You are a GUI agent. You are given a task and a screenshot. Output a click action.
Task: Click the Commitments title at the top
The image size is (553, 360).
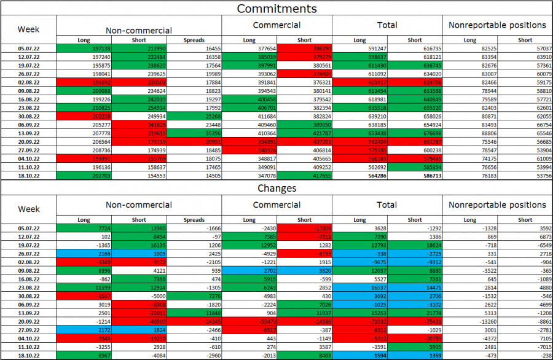click(x=276, y=9)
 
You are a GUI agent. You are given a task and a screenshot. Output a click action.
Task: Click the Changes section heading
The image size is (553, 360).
click(x=276, y=188)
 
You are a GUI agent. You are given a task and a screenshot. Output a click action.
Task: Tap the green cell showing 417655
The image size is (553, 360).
click(x=304, y=175)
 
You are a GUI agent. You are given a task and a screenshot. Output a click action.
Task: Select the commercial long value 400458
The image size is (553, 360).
click(x=249, y=98)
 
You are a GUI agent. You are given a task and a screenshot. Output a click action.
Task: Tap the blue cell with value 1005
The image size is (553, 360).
click(x=139, y=252)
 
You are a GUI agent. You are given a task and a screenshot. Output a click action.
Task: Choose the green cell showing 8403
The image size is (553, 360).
click(x=304, y=354)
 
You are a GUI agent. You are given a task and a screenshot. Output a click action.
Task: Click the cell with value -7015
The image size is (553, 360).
click(x=525, y=346)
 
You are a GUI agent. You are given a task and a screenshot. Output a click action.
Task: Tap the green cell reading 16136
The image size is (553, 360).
click(x=139, y=244)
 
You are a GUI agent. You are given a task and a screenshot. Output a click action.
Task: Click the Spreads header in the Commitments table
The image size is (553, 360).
click(x=194, y=40)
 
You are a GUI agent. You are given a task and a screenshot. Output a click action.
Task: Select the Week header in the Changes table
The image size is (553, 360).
click(x=28, y=209)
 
